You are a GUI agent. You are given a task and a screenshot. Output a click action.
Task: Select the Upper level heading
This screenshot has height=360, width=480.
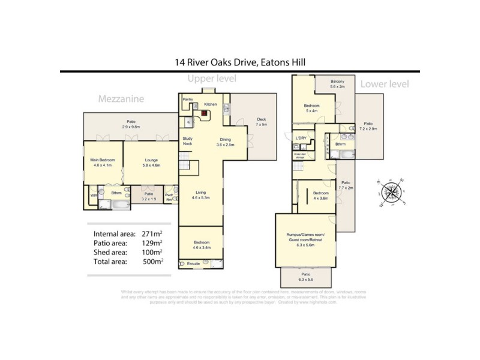click(212, 79)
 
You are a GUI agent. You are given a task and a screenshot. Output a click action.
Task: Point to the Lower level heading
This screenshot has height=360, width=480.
click(385, 84)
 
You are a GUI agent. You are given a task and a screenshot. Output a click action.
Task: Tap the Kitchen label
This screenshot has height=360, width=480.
click(210, 104)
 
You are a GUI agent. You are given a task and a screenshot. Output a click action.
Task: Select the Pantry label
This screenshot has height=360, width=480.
click(188, 100)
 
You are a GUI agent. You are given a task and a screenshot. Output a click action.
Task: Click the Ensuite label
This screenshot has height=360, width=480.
click(193, 263)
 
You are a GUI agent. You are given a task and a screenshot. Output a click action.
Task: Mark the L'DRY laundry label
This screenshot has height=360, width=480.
click(301, 139)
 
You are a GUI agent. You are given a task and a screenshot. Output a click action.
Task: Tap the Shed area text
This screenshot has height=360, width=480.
click(110, 253)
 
